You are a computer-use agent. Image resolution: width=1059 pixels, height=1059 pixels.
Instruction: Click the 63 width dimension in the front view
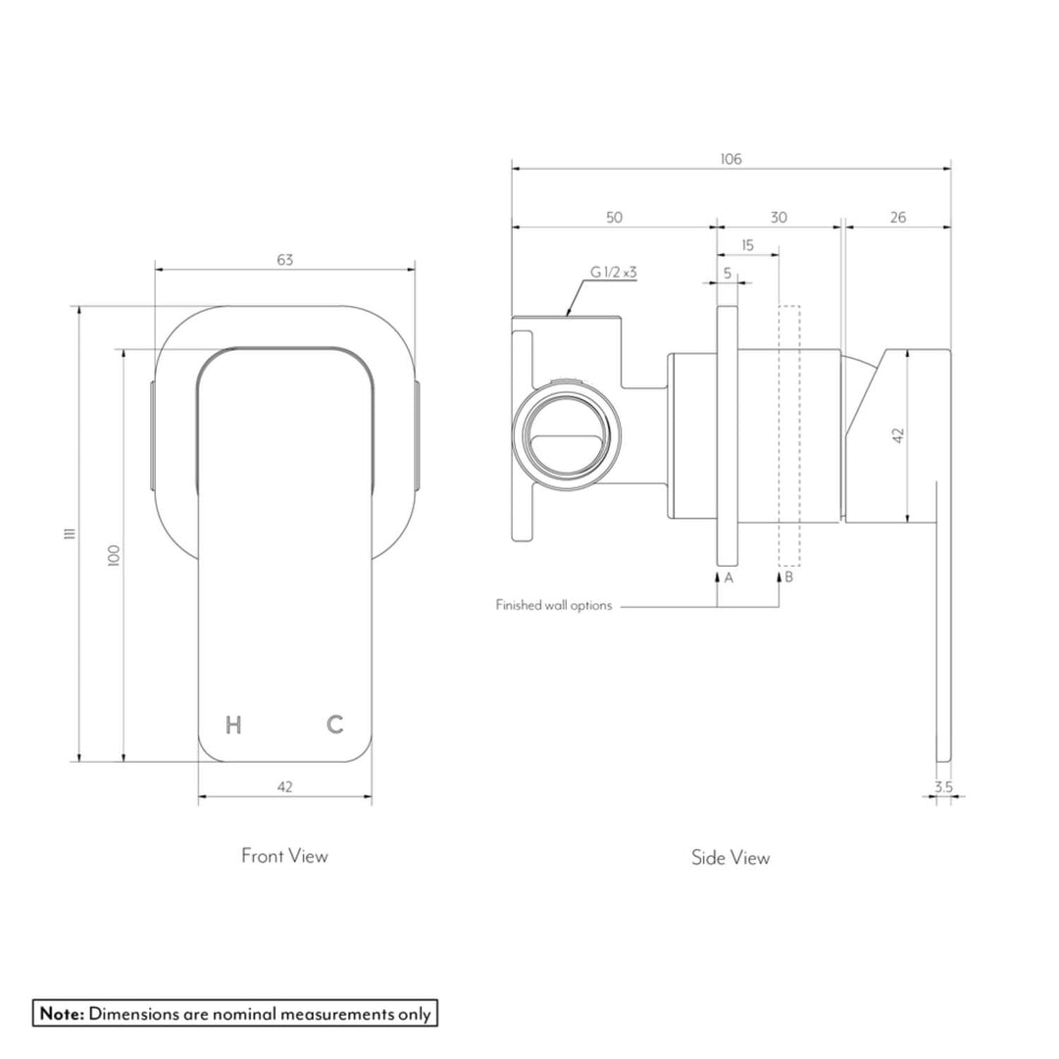pyautogui.click(x=285, y=260)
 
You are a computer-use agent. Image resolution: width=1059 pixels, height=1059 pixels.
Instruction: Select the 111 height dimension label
pyautogui.click(x=68, y=532)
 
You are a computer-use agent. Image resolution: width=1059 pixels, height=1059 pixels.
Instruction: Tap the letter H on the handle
pyautogui.click(x=233, y=725)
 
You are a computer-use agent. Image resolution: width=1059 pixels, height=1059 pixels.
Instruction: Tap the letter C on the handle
pyautogui.click(x=335, y=725)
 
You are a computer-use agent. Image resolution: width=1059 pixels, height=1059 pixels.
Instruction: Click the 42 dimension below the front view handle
pyautogui.click(x=285, y=786)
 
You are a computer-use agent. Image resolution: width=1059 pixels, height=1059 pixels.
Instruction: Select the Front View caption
pyautogui.click(x=285, y=856)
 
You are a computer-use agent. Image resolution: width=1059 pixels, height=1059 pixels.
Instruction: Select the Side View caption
pyautogui.click(x=731, y=858)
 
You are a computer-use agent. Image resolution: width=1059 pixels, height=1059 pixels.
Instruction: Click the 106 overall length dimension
pyautogui.click(x=731, y=159)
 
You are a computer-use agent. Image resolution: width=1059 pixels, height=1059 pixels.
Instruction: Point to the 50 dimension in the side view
pyautogui.click(x=614, y=218)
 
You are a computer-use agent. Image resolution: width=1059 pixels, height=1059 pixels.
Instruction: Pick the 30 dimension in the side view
pyautogui.click(x=779, y=218)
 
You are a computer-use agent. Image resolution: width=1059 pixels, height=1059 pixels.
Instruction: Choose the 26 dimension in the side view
pyautogui.click(x=897, y=218)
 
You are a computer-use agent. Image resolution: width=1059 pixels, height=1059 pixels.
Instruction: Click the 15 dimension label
pyautogui.click(x=747, y=245)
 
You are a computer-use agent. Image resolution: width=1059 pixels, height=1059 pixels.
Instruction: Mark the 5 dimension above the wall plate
pyautogui.click(x=728, y=274)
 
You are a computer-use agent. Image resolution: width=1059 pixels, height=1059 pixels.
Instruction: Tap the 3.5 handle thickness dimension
pyautogui.click(x=943, y=786)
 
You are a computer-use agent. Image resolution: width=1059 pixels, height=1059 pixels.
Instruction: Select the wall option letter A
pyautogui.click(x=728, y=579)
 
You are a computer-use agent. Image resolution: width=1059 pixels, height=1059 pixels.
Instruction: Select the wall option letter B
pyautogui.click(x=788, y=579)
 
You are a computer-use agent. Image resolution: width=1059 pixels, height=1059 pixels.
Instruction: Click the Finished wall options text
pyautogui.click(x=554, y=606)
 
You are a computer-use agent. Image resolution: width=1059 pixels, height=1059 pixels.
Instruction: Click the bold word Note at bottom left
pyautogui.click(x=62, y=1013)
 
